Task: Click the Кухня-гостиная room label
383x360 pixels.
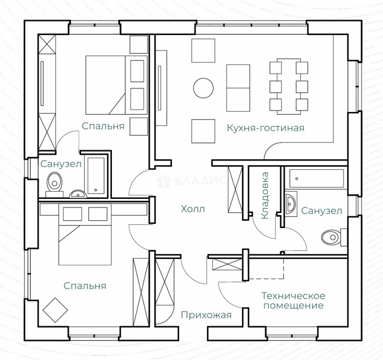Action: click(x=265, y=128)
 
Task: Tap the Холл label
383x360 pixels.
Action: click(x=193, y=209)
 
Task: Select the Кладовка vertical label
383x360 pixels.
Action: click(x=265, y=196)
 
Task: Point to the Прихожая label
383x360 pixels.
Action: click(x=206, y=315)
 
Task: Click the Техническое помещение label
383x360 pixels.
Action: click(x=293, y=301)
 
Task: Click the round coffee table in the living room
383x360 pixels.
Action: click(x=203, y=88)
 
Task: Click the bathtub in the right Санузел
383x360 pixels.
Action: click(x=316, y=178)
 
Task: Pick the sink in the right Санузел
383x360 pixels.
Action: click(x=291, y=204)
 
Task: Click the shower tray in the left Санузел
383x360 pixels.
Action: click(x=96, y=175)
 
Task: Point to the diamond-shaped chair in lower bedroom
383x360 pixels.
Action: click(x=55, y=310)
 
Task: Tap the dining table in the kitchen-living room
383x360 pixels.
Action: click(x=289, y=86)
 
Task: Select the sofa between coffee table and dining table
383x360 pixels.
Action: click(x=238, y=88)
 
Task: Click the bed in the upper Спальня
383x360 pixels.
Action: click(x=116, y=85)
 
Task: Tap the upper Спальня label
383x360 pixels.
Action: click(x=103, y=126)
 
